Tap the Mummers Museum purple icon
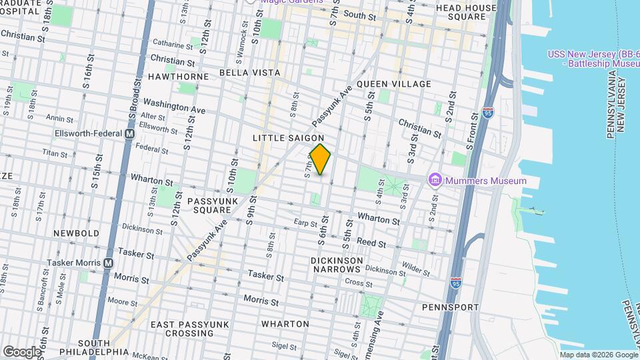tap(435, 180)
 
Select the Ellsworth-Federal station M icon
tap(131, 133)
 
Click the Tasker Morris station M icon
tap(108, 263)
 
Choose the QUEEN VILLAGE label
tap(393, 84)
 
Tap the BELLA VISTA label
tap(249, 72)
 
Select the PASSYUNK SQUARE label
tap(209, 205)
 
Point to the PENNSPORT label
tap(450, 307)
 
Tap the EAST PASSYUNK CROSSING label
tap(190, 329)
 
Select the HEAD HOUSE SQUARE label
tap(467, 12)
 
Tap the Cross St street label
tap(359, 283)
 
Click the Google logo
tap(21, 351)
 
